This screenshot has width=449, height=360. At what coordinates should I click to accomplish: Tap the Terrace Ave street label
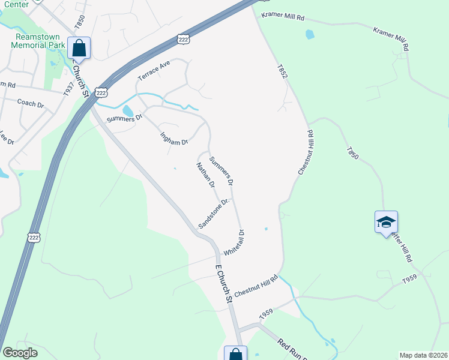pyautogui.click(x=154, y=70)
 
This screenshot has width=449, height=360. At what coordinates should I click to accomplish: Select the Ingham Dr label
pyautogui.click(x=174, y=136)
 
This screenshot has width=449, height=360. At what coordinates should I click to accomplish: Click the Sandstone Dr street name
pyautogui.click(x=214, y=214)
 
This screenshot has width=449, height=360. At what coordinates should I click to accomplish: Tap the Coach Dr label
pyautogui.click(x=31, y=104)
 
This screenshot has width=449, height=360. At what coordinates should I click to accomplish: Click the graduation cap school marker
pyautogui.click(x=386, y=222)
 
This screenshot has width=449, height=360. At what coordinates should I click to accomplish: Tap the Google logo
pyautogui.click(x=20, y=353)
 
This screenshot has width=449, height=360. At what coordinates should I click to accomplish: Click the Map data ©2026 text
pyautogui.click(x=423, y=355)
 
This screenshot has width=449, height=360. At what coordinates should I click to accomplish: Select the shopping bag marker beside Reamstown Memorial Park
pyautogui.click(x=79, y=47)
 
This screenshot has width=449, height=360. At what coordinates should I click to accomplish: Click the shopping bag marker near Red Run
pyautogui.click(x=235, y=355)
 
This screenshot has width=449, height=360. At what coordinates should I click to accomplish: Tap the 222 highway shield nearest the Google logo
pyautogui.click(x=34, y=238)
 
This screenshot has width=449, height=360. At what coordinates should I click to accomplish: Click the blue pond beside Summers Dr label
pyautogui.click(x=128, y=111)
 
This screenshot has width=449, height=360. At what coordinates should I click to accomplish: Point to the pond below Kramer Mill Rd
pyautogui.click(x=310, y=34)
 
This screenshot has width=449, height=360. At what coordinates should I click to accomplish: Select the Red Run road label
pyautogui.click(x=292, y=349)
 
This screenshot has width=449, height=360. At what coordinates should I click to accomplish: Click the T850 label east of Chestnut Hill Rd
pyautogui.click(x=352, y=152)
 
